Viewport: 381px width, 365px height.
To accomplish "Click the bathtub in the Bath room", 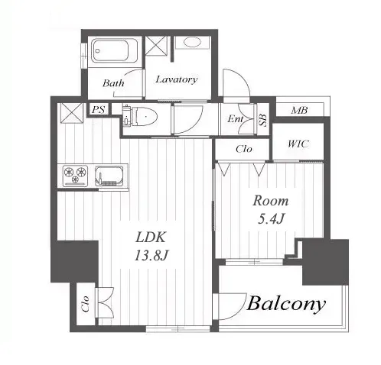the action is pos(115,50).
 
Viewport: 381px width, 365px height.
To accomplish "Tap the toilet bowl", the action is pos(140,117).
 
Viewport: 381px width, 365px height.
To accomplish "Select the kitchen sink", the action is pos(109,176).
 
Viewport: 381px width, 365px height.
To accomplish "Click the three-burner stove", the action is pos(76,175).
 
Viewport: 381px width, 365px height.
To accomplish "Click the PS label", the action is pos(99,109).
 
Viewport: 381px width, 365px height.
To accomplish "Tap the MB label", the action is pos(299,110).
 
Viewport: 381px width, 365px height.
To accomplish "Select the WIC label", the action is pos(298,144).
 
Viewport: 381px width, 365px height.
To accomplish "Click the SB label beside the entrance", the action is pos(262,120).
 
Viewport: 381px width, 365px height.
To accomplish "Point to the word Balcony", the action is pos(286,303).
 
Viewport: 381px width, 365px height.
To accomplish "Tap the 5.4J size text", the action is pos(271,218).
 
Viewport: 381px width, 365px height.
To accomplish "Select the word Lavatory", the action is pos(177,79).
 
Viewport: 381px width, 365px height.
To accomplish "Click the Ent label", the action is pos(236,118).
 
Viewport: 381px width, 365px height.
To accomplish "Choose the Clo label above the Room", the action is pos(244,149).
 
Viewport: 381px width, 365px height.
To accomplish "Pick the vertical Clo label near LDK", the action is pos(86,304).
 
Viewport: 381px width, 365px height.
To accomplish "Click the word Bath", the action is pos(113,83).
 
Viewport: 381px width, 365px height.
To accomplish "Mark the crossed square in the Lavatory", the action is pos(156,45).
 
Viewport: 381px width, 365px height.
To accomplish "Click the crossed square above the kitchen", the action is pos(72,112).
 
